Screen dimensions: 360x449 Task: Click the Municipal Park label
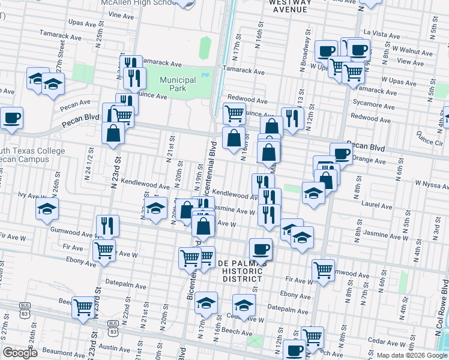(178, 84)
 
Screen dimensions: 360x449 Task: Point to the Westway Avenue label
(289, 6)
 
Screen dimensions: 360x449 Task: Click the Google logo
(20, 353)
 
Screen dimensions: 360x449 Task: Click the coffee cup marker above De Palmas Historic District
(261, 248)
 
